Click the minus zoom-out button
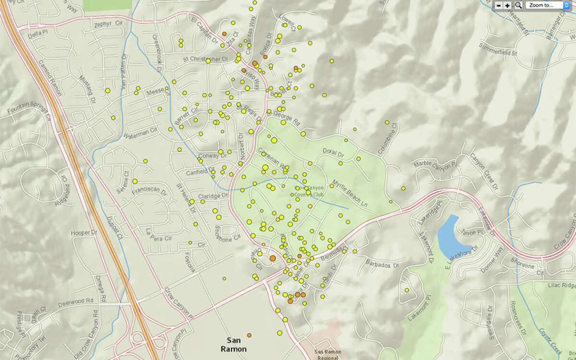(499, 5)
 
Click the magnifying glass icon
(518, 5)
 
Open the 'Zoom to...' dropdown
(548, 5)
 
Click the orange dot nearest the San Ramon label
(249, 335)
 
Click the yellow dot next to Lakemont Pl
(407, 290)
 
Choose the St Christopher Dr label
(205, 59)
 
